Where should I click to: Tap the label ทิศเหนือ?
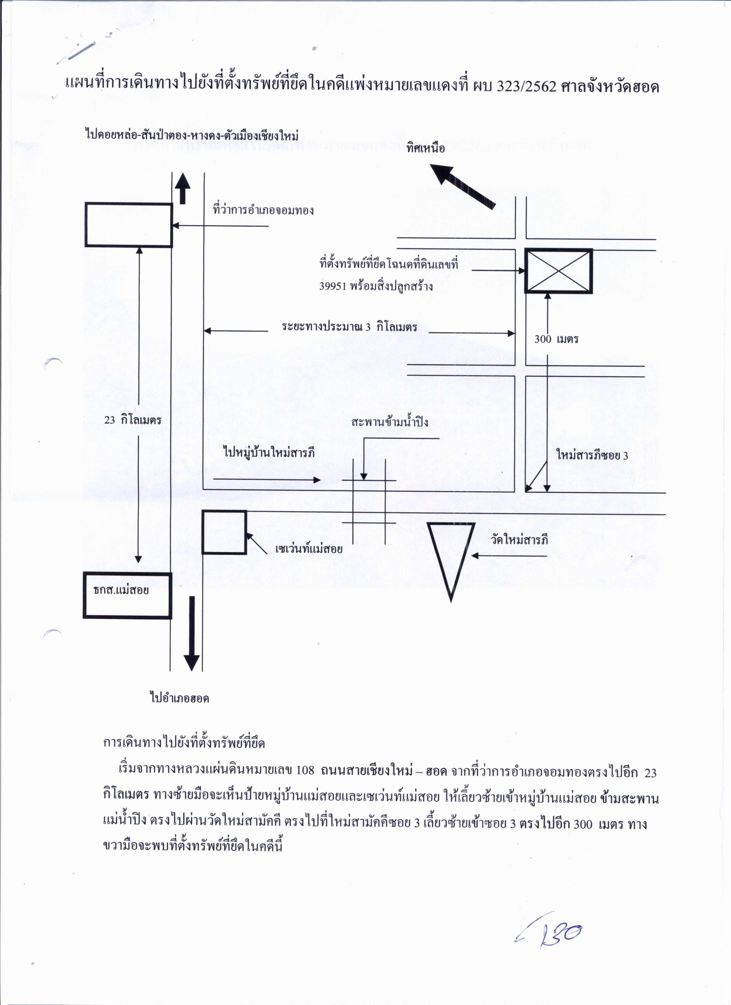pos(426,148)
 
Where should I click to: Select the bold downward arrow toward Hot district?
pos(192,633)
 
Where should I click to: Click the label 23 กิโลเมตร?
pos(132,420)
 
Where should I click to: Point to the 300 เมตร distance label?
pos(556,339)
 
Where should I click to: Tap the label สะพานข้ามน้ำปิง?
pos(390,422)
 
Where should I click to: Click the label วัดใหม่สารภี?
pos(519,540)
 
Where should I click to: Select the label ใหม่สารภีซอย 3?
pos(592,455)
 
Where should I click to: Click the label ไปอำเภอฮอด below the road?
pos(179,699)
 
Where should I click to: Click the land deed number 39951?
pos(333,286)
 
